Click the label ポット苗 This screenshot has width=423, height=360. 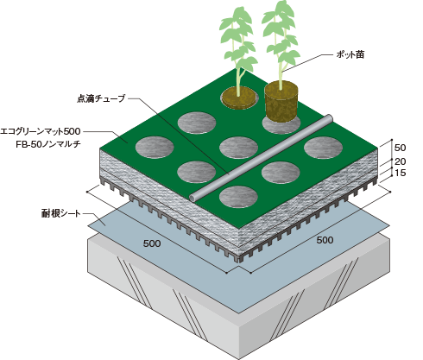point(350,54)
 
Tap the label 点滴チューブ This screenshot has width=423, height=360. point(101,98)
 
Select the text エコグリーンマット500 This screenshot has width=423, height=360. point(41,131)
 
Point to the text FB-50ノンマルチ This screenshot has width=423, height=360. point(48,144)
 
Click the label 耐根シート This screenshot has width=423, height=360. point(60,213)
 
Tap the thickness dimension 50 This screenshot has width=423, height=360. point(400,148)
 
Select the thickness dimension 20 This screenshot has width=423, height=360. point(400,161)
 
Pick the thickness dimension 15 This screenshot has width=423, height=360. point(400,173)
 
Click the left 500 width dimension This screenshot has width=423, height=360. point(152,243)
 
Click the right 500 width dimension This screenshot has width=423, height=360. point(325,240)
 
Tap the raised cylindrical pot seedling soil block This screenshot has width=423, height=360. point(281,101)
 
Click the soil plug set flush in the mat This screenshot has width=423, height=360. point(239,97)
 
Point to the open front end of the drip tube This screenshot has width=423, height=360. point(193,198)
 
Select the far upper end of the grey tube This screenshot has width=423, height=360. point(329,118)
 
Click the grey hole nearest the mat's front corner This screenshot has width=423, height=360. point(238,197)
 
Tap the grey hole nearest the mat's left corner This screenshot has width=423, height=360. point(155,148)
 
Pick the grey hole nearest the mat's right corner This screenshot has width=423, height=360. point(324,148)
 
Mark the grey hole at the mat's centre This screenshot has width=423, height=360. point(238,148)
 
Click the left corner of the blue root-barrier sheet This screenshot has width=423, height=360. point(88,225)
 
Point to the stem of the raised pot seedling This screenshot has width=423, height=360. point(280,58)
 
